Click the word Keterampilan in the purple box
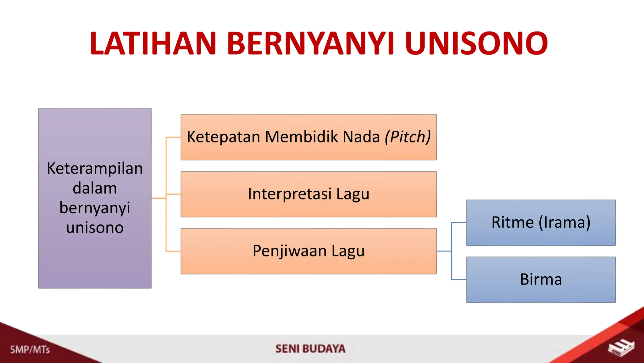point(95,168)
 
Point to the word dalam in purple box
point(95,188)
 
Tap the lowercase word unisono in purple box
point(95,228)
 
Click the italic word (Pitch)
point(408,137)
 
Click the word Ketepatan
point(223,137)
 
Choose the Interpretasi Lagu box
point(308,194)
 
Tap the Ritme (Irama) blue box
point(541,222)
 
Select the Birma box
point(541,279)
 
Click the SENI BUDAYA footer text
point(310,349)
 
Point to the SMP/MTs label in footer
point(30,349)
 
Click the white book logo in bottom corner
point(621,348)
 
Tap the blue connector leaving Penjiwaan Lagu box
point(444,251)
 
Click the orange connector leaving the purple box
point(158,198)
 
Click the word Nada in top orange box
point(361,137)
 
